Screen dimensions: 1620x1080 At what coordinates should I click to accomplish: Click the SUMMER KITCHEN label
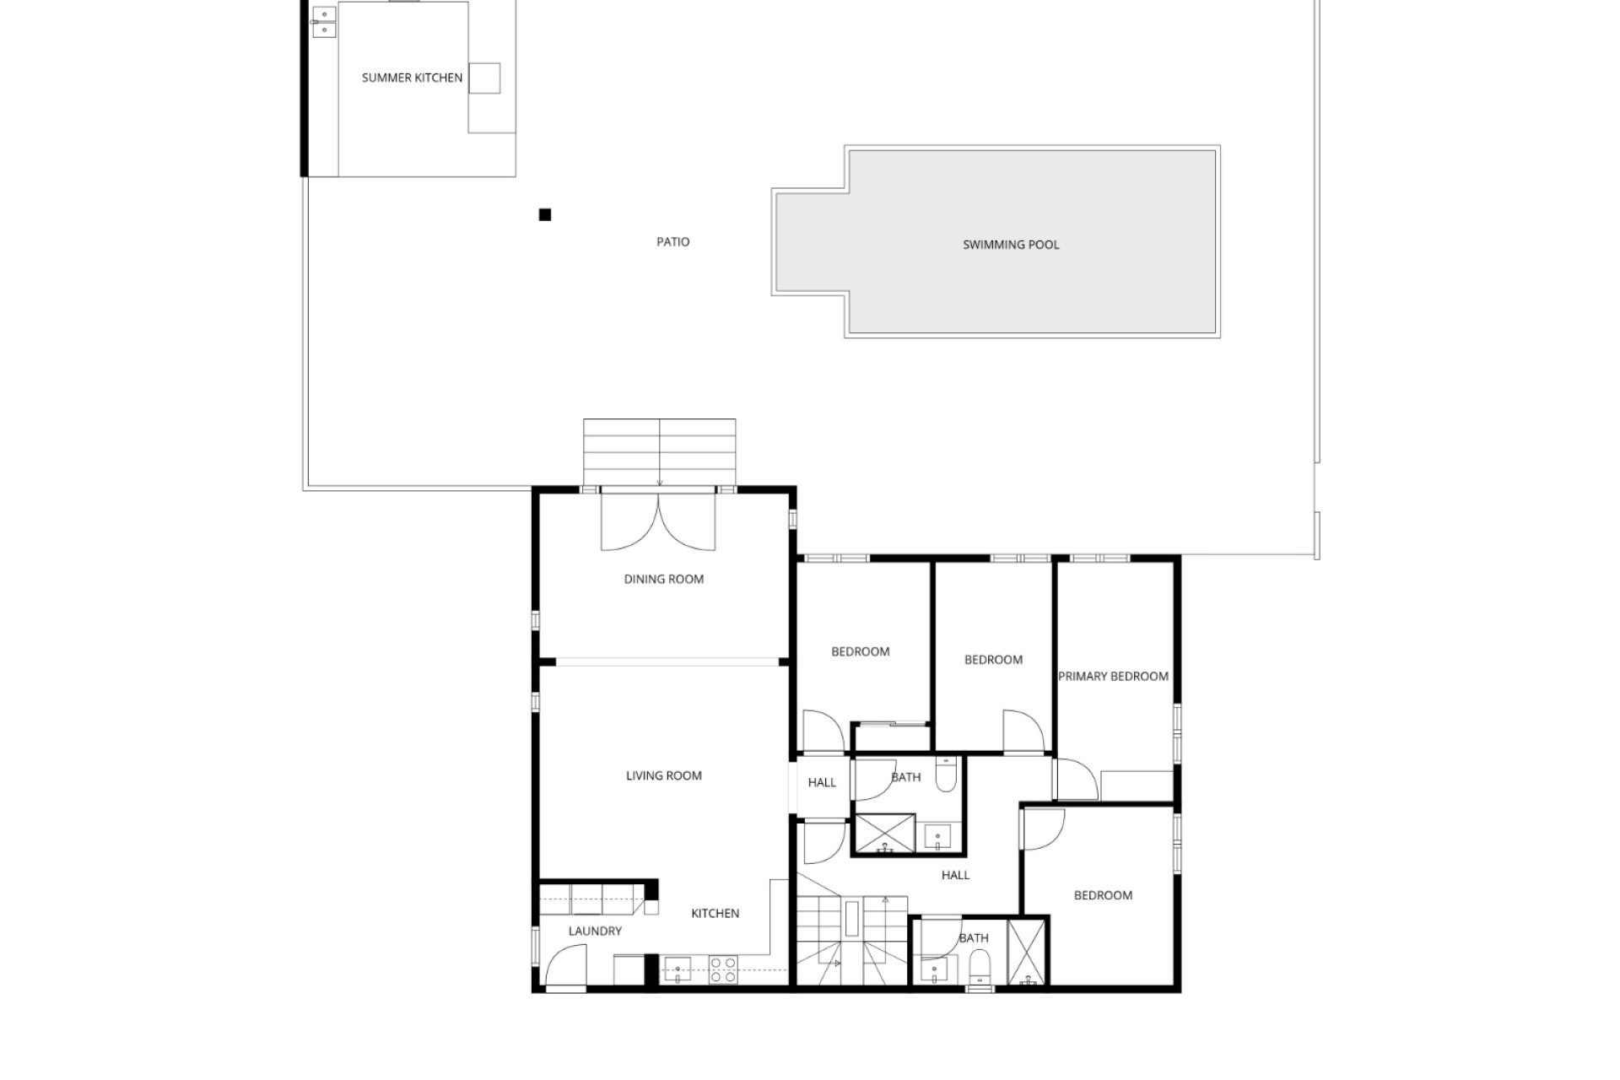[412, 78]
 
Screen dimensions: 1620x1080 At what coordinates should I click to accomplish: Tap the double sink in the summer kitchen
[324, 22]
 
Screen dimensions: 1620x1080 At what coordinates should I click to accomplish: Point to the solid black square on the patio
[545, 215]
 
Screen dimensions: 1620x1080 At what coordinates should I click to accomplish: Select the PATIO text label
[673, 242]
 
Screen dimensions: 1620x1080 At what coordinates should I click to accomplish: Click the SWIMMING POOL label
[1011, 245]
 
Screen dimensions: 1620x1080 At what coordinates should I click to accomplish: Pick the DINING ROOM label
[664, 579]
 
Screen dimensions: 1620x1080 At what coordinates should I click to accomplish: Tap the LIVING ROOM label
[664, 775]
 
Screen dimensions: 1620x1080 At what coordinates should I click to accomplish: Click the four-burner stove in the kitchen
[723, 969]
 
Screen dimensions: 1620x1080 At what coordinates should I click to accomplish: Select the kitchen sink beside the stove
[678, 969]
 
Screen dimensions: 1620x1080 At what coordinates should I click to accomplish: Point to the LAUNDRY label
[595, 931]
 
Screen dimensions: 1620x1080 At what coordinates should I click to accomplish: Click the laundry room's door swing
[566, 965]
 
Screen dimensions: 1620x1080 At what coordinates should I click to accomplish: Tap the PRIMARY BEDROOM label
[1114, 676]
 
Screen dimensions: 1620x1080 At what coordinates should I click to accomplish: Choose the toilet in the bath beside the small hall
[946, 775]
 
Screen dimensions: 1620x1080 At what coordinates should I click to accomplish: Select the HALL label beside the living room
[822, 782]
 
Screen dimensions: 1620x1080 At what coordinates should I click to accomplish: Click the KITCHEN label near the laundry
[715, 913]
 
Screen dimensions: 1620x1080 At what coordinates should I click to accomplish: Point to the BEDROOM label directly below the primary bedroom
[1103, 895]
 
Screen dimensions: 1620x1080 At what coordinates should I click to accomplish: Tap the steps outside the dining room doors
[660, 452]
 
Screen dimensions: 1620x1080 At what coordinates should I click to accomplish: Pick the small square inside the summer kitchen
[484, 78]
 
